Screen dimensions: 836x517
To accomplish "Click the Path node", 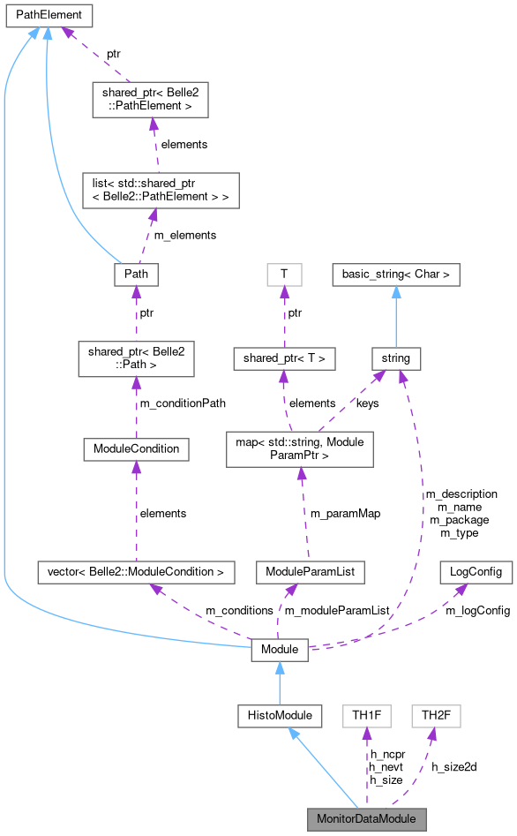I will coord(136,275).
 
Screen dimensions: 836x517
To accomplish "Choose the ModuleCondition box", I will coord(136,448).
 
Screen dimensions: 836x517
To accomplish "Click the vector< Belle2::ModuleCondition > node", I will coord(136,572).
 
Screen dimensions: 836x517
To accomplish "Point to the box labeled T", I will coord(283,275).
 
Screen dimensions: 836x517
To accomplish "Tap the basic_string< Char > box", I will coord(396,275).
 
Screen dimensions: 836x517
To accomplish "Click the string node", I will coord(396,358).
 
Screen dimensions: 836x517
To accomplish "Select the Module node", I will coord(280,651).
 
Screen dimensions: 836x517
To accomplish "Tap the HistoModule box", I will coord(280,716).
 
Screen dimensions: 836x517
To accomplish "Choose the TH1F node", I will coord(366,716).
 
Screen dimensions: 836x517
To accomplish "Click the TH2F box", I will coord(437,716).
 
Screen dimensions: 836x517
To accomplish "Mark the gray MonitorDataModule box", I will coord(366,818).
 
